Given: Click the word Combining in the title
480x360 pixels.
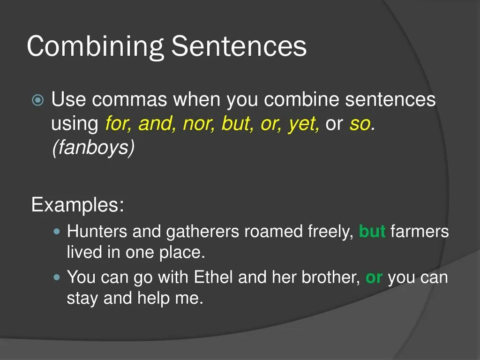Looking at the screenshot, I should click(x=95, y=47).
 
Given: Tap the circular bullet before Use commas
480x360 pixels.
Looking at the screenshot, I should click(x=38, y=100).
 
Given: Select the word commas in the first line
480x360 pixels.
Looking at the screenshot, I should click(x=130, y=100).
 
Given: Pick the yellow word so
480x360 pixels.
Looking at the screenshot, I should click(x=360, y=124).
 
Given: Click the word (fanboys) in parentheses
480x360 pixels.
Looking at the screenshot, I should click(x=93, y=148).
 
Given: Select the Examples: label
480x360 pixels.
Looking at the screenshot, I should click(x=77, y=205).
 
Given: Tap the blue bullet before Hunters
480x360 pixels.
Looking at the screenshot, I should click(x=57, y=232).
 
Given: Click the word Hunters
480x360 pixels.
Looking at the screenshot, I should click(x=97, y=232).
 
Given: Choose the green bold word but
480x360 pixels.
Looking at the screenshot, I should click(x=372, y=232).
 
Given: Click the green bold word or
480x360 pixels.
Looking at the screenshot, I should click(x=374, y=277).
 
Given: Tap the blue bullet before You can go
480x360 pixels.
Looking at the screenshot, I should click(x=57, y=277).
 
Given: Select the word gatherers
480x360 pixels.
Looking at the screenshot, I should click(x=203, y=232).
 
